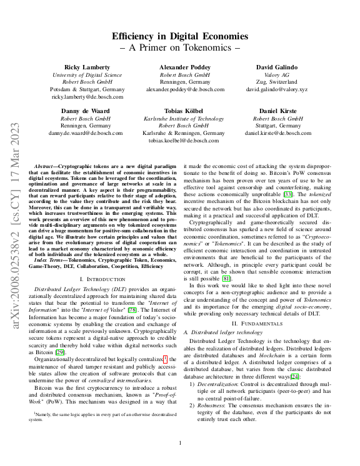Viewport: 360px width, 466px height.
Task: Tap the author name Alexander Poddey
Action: pyautogui.click(x=180, y=67)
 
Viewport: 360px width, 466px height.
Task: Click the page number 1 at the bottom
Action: pyautogui.click(x=180, y=444)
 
